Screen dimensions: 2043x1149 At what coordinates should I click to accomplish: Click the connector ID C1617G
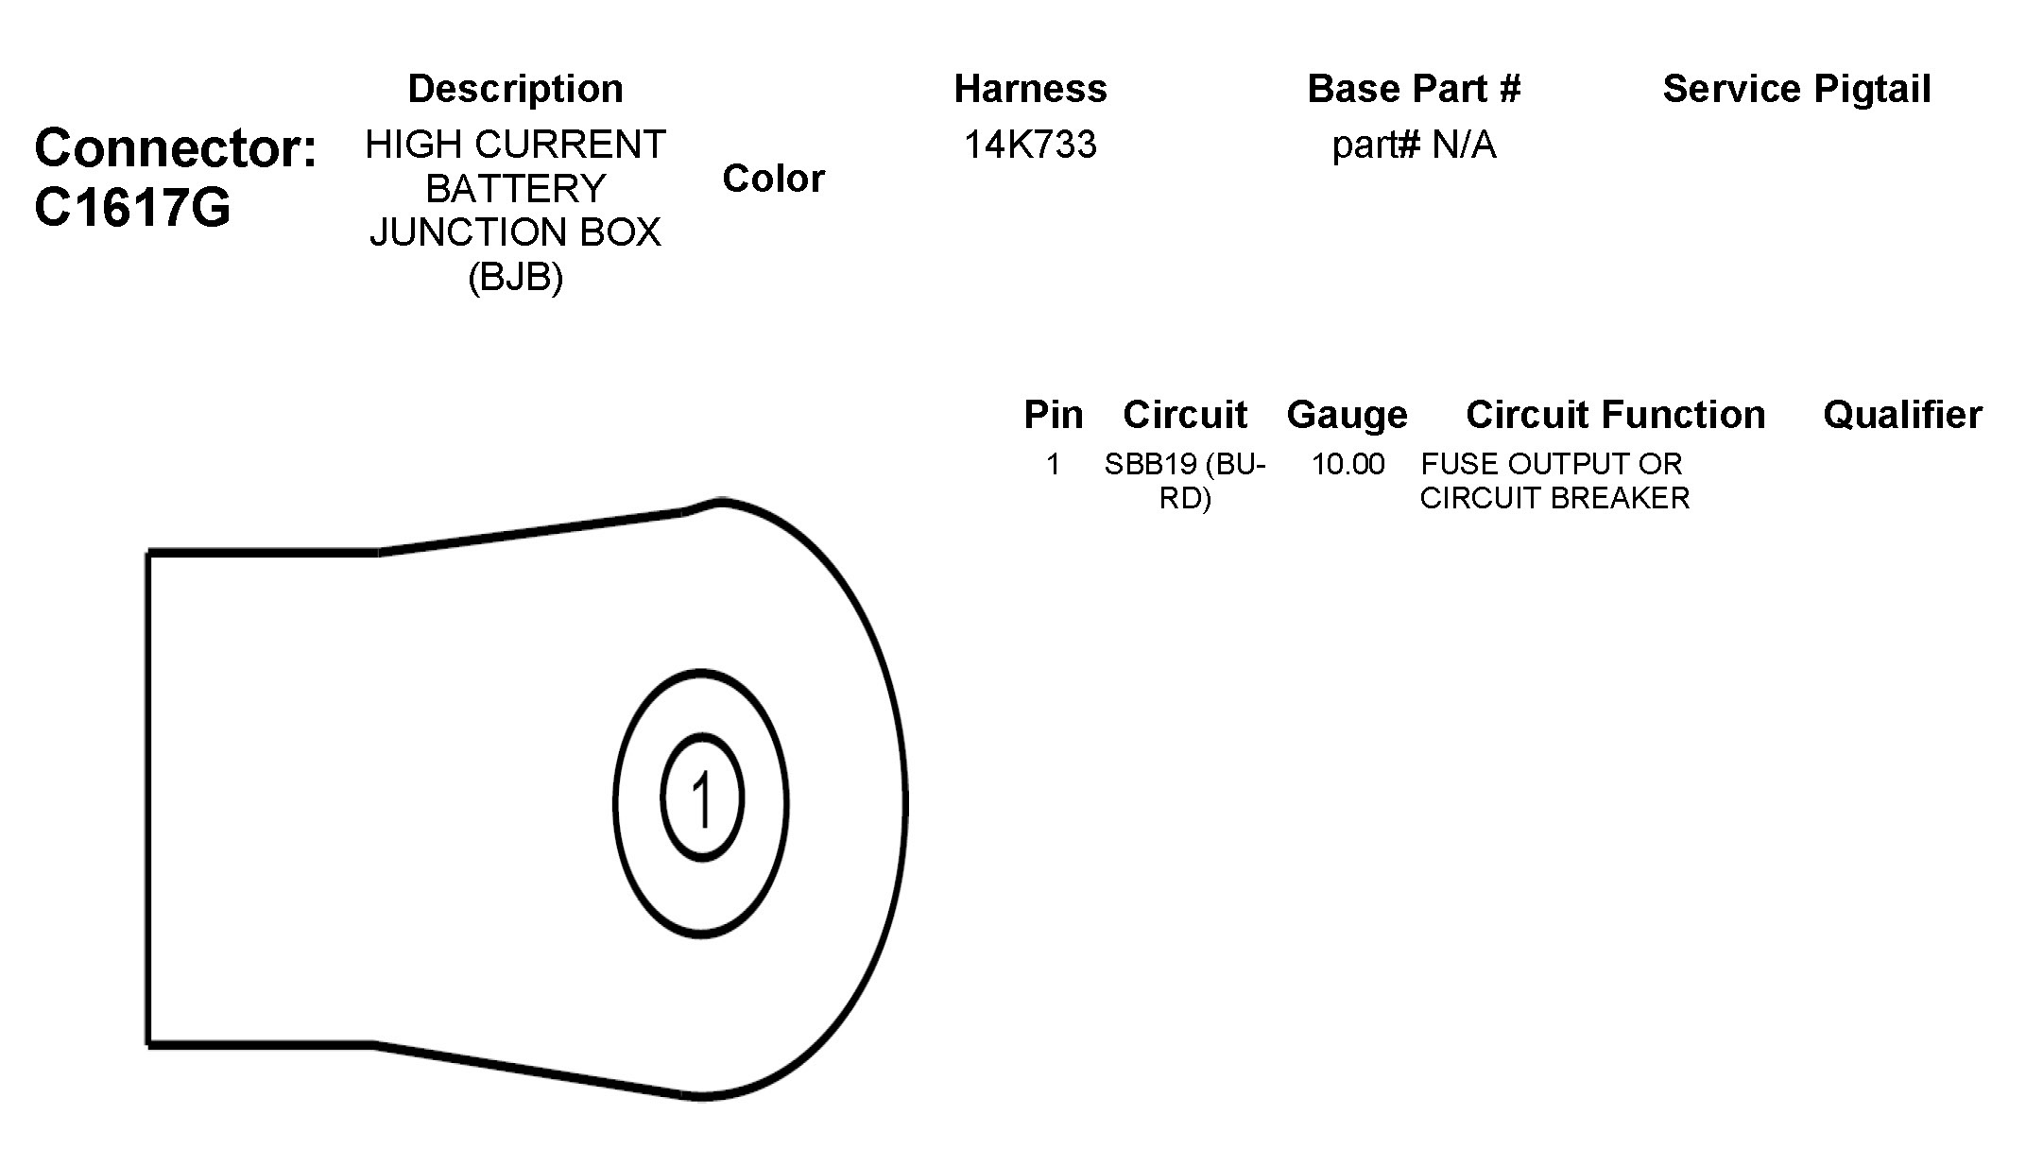click(132, 207)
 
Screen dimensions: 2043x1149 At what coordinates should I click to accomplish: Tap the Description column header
click(515, 89)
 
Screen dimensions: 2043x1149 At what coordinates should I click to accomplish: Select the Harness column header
click(1030, 89)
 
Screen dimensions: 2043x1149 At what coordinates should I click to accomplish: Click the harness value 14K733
click(1030, 146)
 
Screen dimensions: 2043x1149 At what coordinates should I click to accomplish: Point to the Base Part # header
click(1414, 89)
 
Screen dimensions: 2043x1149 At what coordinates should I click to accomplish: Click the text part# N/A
click(1414, 146)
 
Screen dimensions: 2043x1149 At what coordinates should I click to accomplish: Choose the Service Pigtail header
click(1796, 89)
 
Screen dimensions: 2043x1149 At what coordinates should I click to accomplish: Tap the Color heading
click(773, 179)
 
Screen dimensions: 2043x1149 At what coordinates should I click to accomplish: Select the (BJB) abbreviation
click(515, 277)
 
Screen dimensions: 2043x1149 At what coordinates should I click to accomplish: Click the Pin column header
click(1054, 415)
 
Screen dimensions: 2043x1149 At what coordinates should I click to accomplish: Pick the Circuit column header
click(1185, 415)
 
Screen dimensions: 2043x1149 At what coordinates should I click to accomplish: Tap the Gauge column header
click(1347, 415)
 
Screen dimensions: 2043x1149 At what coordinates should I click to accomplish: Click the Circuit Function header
click(1615, 415)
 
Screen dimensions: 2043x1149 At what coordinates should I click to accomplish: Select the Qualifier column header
click(1902, 415)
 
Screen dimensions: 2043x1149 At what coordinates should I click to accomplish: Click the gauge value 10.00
click(1348, 464)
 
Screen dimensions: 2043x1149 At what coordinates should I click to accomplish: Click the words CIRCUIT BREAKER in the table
click(1554, 498)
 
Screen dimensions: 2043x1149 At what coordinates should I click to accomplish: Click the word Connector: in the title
click(176, 148)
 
